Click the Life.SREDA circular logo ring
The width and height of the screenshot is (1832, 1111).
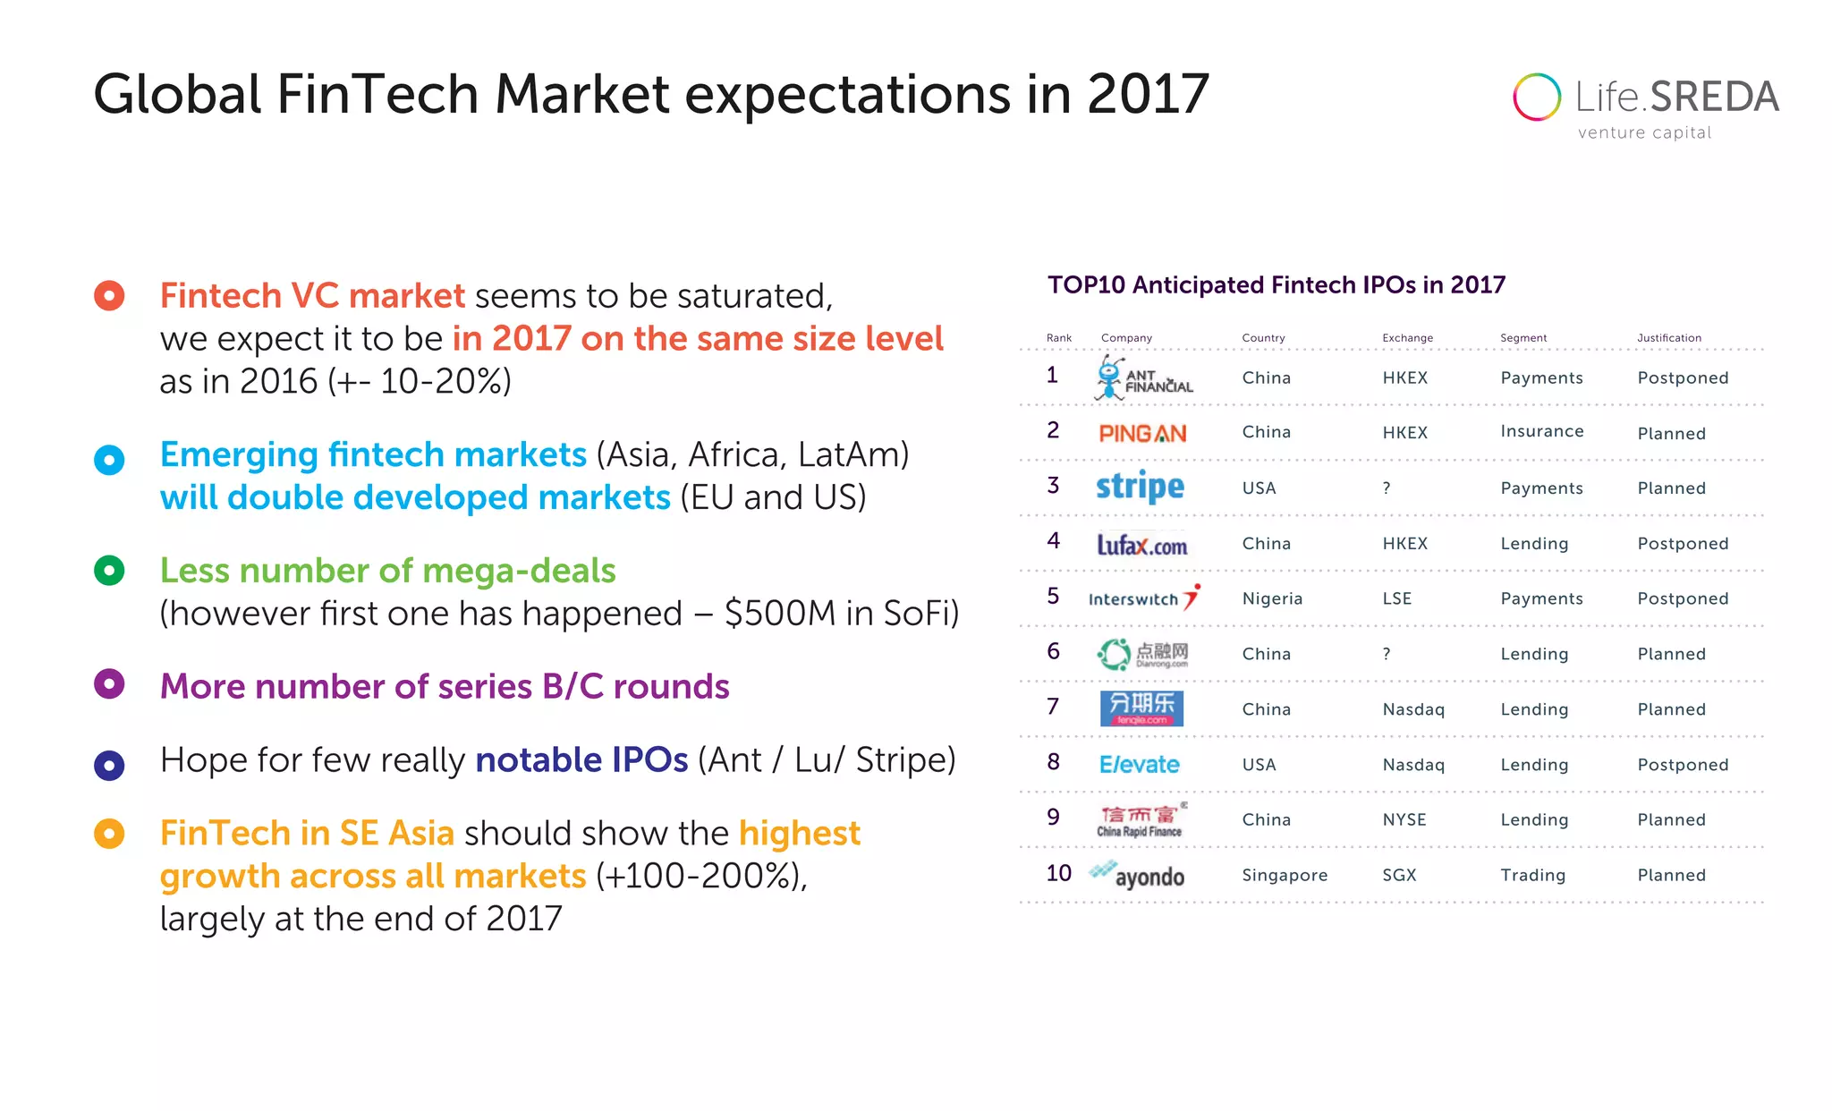pyautogui.click(x=1537, y=97)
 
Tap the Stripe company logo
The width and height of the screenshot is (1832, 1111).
pyautogui.click(x=1140, y=487)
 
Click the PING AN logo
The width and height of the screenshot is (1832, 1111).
pyautogui.click(x=1142, y=434)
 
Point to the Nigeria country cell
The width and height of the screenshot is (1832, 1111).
pyautogui.click(x=1272, y=598)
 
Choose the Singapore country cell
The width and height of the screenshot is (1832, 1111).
pyautogui.click(x=1285, y=875)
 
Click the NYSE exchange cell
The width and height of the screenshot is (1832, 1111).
pyautogui.click(x=1404, y=819)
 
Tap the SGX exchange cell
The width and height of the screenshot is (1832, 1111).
pyautogui.click(x=1399, y=875)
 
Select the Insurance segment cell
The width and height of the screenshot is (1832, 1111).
pyautogui.click(x=1541, y=431)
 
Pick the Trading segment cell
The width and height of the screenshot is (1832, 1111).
pyautogui.click(x=1532, y=875)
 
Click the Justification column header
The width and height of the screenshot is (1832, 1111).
pyautogui.click(x=1668, y=338)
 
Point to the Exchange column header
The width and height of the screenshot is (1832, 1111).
pyautogui.click(x=1407, y=338)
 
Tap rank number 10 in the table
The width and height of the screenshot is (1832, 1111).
pyautogui.click(x=1058, y=873)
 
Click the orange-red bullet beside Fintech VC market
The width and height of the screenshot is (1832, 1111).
pyautogui.click(x=109, y=296)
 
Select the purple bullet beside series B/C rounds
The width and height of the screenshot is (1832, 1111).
pyautogui.click(x=109, y=684)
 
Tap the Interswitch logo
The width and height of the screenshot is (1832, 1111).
pyautogui.click(x=1143, y=598)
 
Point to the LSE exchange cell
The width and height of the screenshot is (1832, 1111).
pyautogui.click(x=1396, y=598)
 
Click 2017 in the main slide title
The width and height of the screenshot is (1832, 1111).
pyautogui.click(x=1148, y=95)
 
